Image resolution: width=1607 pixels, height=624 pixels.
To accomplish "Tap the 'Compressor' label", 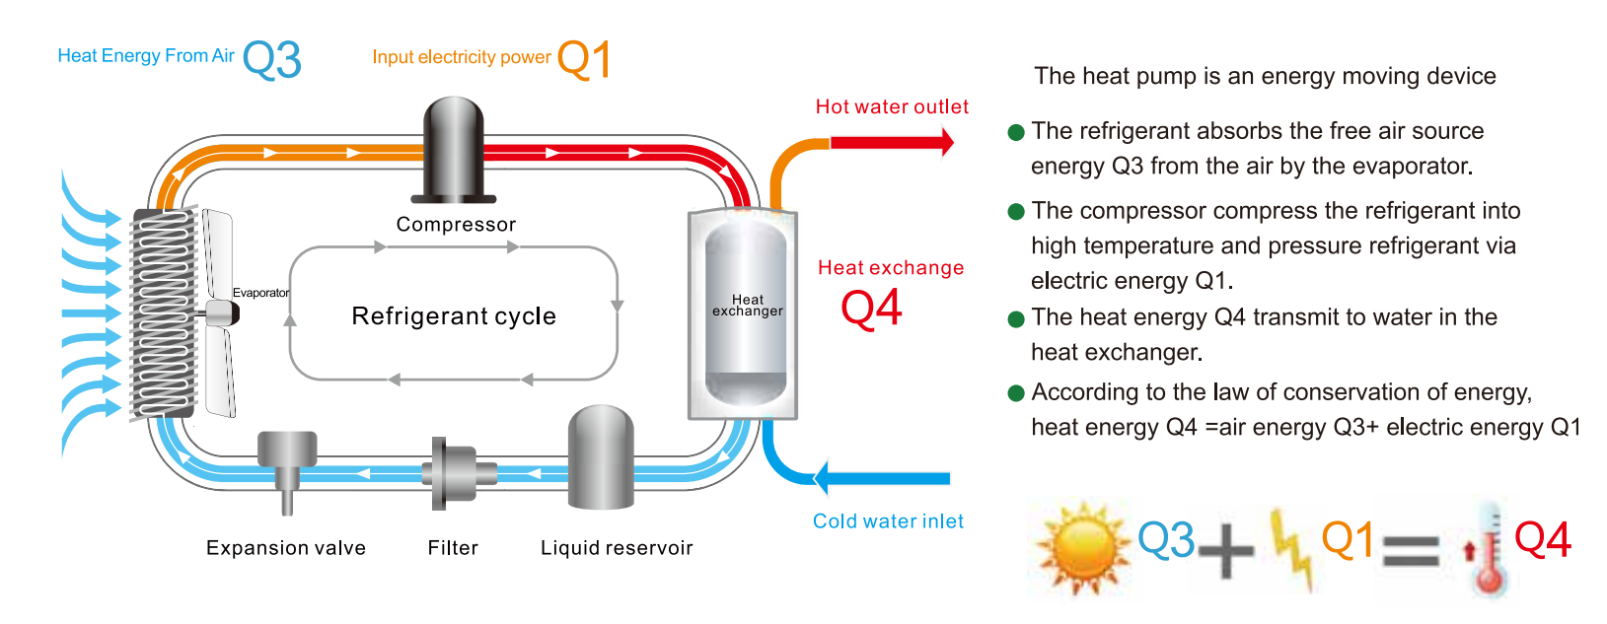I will point(456,225).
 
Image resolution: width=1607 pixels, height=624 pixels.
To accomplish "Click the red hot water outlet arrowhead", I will point(948,142).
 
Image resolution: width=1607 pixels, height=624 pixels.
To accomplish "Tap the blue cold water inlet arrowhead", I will point(821,478).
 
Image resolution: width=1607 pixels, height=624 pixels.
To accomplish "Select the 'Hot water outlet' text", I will point(892,106).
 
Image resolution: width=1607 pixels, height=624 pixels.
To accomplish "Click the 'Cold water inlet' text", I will point(888,521).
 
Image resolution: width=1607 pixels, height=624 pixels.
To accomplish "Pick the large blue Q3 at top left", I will point(271,60).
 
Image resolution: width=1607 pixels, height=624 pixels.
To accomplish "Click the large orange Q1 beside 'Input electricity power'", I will point(584,59).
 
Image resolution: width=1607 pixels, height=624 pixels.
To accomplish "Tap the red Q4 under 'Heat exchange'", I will point(871,309).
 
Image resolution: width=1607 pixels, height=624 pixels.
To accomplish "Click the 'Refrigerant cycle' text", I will point(454,316).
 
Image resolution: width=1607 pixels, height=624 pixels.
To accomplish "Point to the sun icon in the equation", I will point(1081,547).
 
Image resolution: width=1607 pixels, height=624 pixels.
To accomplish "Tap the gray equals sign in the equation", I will point(1411,549).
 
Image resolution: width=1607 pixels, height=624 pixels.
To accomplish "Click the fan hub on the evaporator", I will point(223,313).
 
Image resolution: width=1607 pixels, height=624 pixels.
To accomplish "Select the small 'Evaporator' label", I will point(260,293).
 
